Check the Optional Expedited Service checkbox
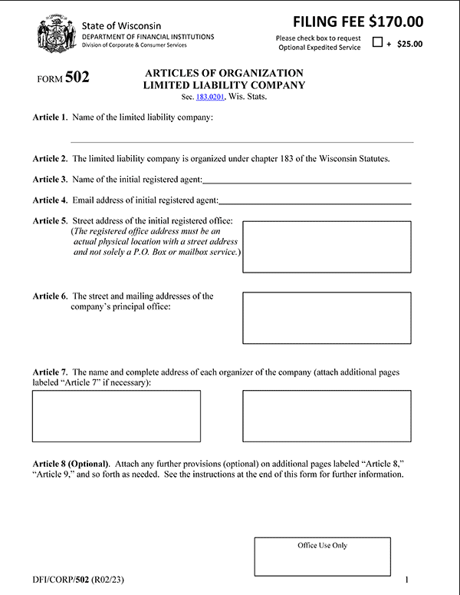377,43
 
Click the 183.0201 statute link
210,98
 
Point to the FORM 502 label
63,78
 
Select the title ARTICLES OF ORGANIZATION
224,73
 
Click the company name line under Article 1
242,140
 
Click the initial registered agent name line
307,182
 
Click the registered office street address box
327,246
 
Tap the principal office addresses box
327,318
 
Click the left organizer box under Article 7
117,416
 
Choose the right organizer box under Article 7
327,416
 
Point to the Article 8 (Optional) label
71,464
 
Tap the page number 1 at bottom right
407,579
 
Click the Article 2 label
50,159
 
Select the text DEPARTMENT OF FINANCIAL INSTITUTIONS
148,37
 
